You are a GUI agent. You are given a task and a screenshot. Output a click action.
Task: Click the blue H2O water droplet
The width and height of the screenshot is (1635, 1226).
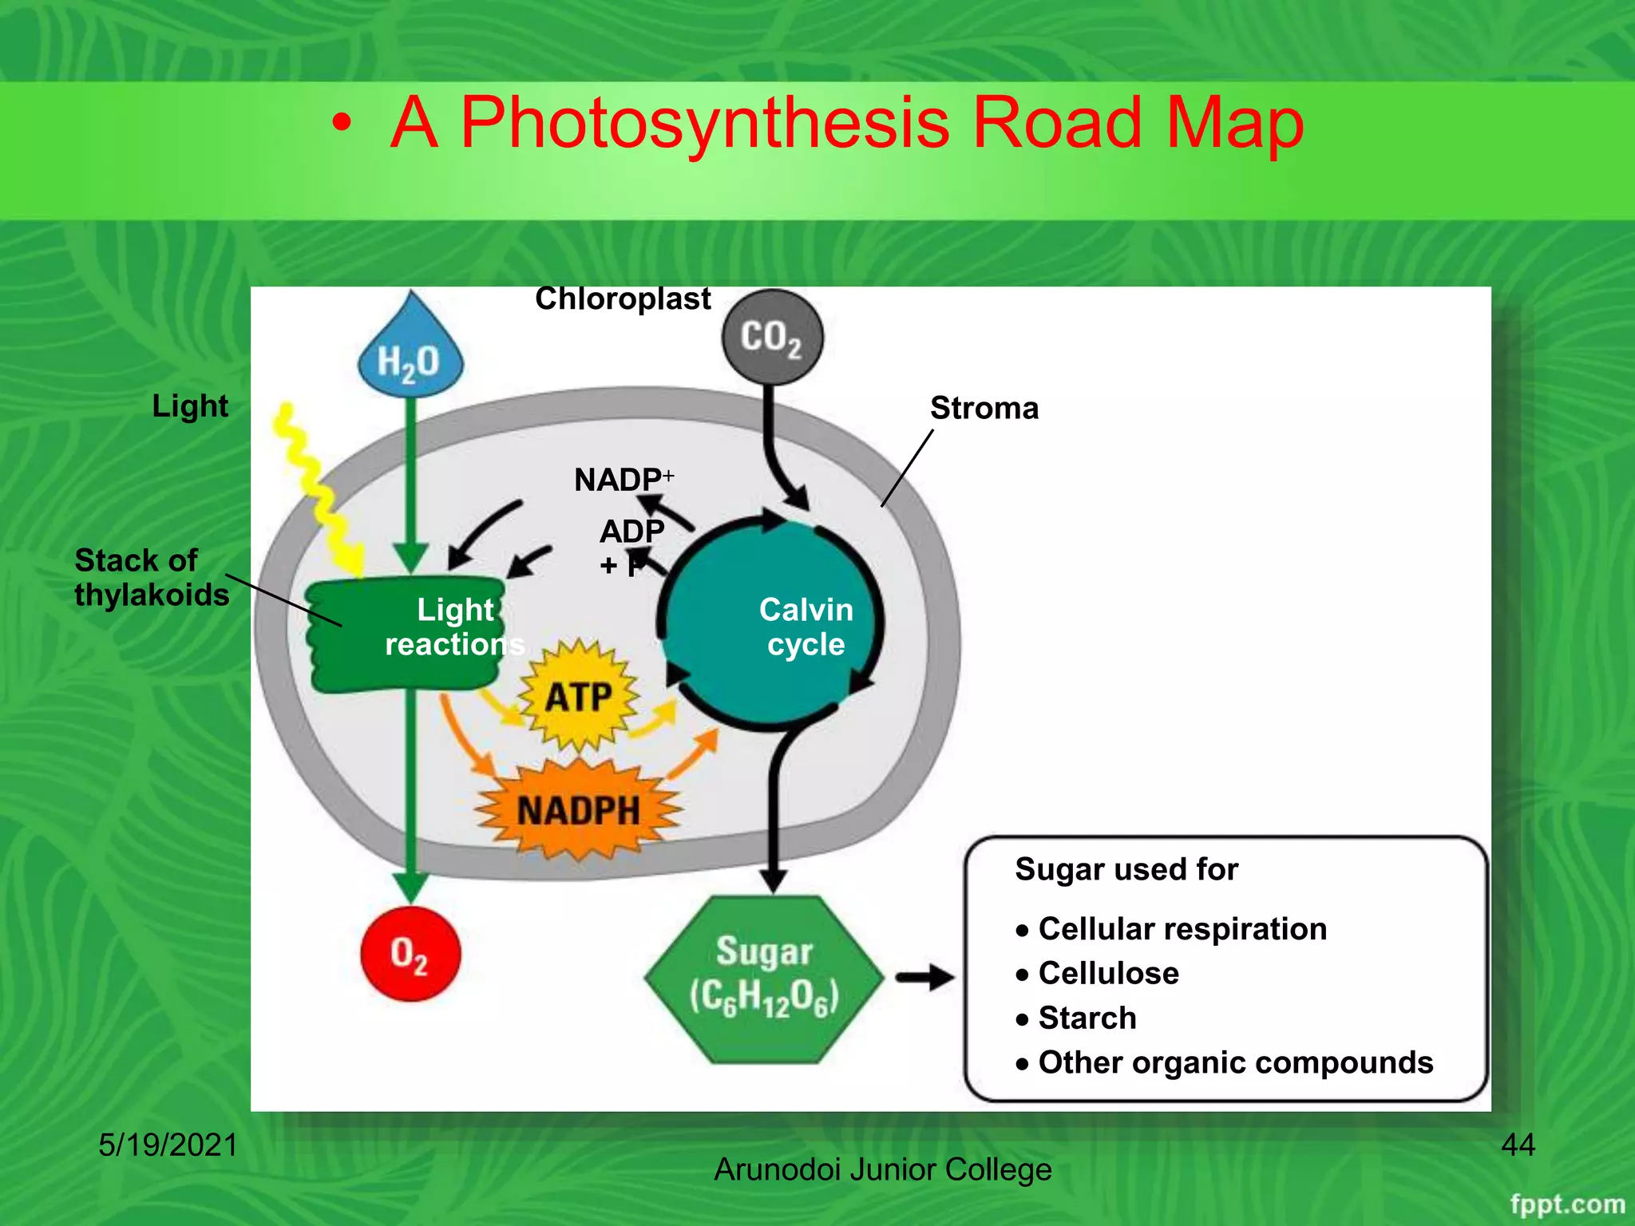tap(410, 356)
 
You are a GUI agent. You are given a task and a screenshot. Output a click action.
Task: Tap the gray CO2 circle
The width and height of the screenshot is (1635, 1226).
tap(771, 338)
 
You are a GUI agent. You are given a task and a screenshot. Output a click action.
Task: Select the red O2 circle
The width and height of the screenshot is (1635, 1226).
tap(410, 954)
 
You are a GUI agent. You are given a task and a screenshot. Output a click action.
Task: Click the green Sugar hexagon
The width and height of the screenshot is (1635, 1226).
tap(764, 979)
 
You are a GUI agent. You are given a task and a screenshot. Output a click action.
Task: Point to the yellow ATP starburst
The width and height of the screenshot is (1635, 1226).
tap(579, 697)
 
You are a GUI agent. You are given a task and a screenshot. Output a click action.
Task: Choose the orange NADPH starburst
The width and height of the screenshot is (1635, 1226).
tap(579, 811)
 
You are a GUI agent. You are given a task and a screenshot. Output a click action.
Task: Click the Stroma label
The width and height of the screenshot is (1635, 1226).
tap(984, 409)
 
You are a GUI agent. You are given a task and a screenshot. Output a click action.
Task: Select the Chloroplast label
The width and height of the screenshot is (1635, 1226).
tap(623, 299)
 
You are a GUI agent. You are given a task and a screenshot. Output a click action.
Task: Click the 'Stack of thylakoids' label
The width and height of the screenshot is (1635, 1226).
tap(152, 578)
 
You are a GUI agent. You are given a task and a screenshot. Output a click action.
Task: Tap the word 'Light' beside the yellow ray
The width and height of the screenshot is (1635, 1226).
tap(190, 406)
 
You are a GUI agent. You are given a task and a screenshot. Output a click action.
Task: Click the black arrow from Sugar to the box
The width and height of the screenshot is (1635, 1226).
tap(924, 977)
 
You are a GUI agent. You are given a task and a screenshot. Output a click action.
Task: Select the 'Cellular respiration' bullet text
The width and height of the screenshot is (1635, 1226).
tap(1182, 929)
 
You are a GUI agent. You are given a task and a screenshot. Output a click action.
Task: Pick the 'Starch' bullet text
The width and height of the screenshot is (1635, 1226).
tap(1087, 1018)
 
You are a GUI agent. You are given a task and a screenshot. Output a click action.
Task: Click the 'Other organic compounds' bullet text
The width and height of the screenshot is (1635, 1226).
tap(1235, 1063)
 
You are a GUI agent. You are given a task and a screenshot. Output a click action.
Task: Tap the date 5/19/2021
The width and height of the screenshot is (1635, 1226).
tap(168, 1145)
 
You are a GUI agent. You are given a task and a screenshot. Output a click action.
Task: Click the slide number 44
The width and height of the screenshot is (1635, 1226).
tap(1518, 1145)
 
